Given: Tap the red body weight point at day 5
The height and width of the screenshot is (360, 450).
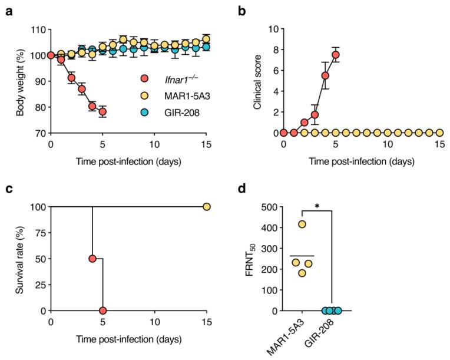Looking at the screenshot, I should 102,112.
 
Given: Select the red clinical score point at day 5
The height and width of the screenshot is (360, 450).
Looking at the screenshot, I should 335,55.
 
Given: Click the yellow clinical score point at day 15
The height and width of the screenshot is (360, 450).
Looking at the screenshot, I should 439,133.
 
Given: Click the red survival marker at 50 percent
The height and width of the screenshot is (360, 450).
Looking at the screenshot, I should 92,259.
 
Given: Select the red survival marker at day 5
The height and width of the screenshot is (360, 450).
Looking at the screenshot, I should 102,311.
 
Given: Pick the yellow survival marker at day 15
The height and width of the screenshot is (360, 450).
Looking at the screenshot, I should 207,207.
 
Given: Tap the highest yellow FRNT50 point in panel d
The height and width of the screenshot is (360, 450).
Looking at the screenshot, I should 302,224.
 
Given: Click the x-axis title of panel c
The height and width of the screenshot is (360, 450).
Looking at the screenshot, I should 129,340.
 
